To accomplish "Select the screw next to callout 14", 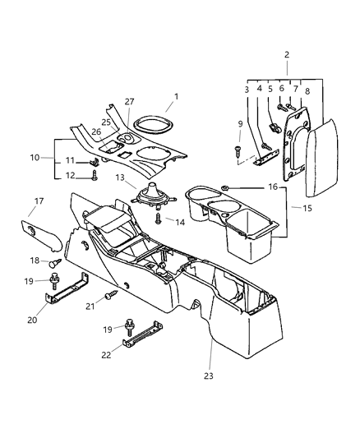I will (158, 221).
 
